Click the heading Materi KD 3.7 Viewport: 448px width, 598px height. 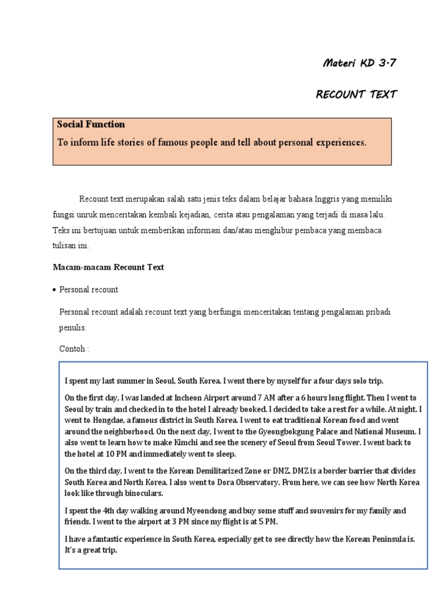coord(359,64)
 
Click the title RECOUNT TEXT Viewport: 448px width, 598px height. coord(356,95)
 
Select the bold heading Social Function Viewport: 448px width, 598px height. coord(91,124)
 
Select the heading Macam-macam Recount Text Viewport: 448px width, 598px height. coord(108,267)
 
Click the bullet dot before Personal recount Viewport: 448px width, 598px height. coord(54,290)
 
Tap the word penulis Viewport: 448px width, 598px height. coord(73,328)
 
